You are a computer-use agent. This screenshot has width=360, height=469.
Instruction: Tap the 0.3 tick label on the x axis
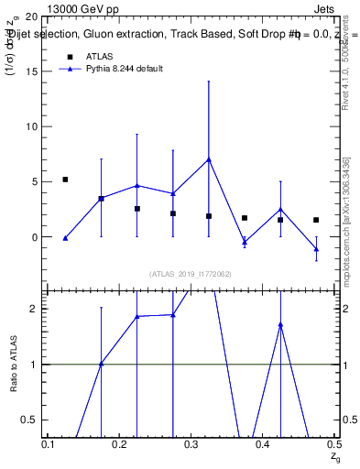point(191,444)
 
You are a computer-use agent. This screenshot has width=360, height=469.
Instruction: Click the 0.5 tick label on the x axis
point(334,444)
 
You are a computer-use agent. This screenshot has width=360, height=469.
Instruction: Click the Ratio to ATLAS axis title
point(14,364)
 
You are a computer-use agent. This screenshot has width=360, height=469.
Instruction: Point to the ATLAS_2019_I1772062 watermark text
point(191,274)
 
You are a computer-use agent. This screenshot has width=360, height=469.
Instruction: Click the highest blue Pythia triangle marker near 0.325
point(209,159)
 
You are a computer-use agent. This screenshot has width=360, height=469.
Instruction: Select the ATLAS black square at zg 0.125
point(65,180)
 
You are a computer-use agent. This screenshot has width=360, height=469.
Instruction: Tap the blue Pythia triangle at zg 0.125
point(65,238)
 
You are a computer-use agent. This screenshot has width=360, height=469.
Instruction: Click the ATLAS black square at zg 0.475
point(316,220)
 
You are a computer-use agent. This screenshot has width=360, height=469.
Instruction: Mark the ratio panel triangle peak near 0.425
point(280,324)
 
